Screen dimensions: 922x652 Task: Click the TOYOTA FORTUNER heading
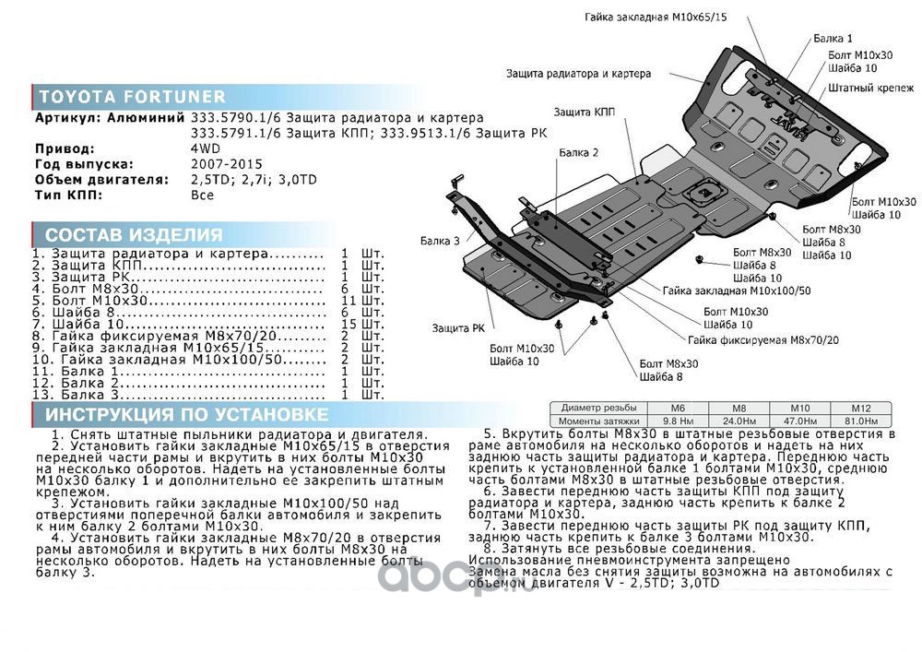131,97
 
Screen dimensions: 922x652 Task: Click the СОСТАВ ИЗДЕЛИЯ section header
134,234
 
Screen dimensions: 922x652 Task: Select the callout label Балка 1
833,39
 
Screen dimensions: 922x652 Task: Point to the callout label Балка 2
579,152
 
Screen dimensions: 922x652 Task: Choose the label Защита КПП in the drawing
585,112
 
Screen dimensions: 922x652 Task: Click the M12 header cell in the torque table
861,408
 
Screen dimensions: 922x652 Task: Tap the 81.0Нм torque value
861,420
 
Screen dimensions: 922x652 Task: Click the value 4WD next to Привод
206,148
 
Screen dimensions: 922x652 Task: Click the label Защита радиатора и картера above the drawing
578,73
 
